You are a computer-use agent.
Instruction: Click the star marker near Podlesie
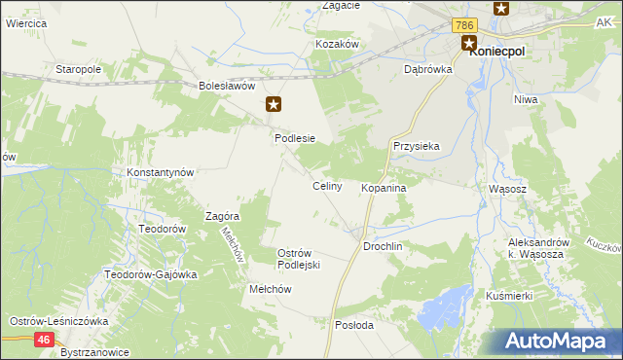point(275,103)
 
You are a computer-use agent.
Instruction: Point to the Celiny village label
point(326,186)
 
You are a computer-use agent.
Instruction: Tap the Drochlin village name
point(383,247)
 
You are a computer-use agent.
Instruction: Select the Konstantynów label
point(162,171)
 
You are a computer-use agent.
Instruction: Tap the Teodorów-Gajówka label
point(151,274)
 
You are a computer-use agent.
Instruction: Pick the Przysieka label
point(417,146)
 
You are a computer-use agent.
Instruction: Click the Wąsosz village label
point(506,189)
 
